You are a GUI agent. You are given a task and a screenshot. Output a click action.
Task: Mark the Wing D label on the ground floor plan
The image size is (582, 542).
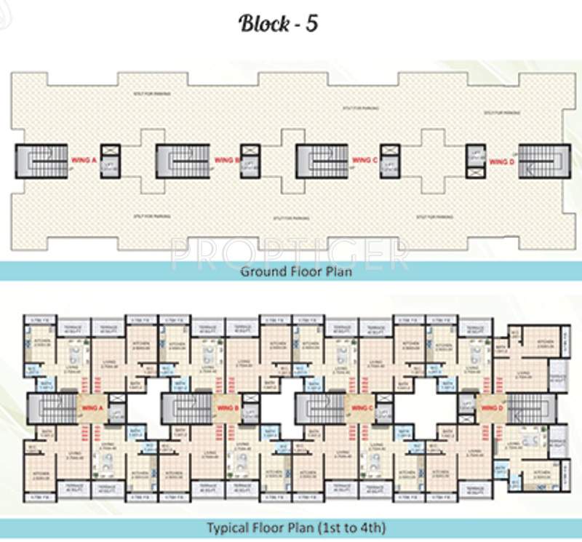(501, 161)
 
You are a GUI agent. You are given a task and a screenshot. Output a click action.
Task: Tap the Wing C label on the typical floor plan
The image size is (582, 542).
(362, 409)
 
